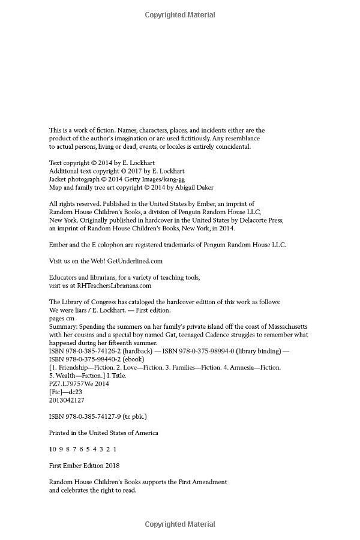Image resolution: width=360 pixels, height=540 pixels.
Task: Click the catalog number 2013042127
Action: click(67, 400)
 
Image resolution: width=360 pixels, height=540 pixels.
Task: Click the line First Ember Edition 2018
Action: click(84, 465)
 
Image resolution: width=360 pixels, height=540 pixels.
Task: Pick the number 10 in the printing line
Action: click(53, 449)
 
